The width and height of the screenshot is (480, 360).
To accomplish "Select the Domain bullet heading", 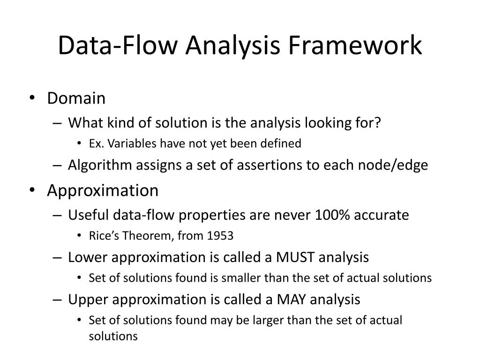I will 76,98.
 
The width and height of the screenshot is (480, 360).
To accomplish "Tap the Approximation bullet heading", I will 103,191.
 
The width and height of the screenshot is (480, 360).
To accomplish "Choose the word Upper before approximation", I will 84,299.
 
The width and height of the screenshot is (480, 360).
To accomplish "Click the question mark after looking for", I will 379,123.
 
